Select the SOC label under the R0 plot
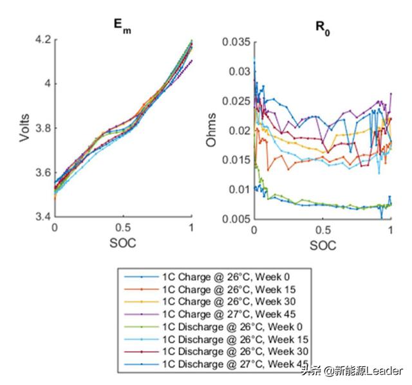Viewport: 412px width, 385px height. (x=323, y=246)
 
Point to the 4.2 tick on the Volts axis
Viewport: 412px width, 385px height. (x=42, y=40)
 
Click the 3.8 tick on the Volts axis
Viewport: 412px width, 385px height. (x=42, y=129)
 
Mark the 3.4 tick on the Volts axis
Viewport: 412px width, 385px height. (x=42, y=218)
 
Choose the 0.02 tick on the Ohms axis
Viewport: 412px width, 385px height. (x=238, y=130)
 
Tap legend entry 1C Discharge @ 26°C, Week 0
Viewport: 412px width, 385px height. (x=231, y=326)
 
